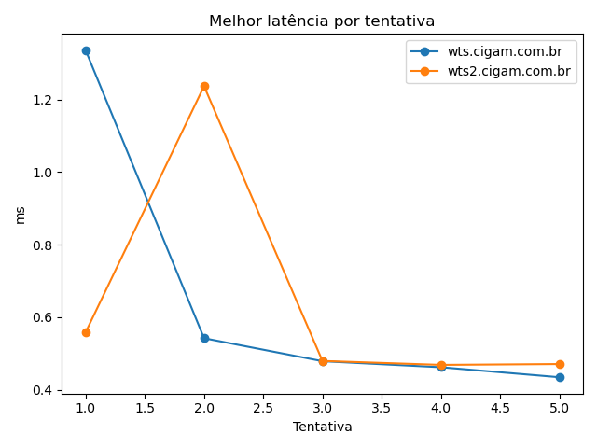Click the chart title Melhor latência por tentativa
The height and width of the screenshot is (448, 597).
(x=322, y=21)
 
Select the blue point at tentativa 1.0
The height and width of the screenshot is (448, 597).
(x=86, y=50)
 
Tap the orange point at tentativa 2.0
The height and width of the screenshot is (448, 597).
(x=204, y=86)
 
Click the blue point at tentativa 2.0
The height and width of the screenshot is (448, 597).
(x=204, y=338)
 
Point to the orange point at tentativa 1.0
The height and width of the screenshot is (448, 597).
(x=86, y=332)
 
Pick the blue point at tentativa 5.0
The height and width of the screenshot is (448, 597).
(x=560, y=377)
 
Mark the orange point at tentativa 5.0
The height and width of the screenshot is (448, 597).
(x=560, y=364)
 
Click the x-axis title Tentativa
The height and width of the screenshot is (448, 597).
(x=323, y=427)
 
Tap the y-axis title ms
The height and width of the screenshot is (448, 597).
(x=21, y=215)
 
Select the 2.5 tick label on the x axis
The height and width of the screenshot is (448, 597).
(x=263, y=408)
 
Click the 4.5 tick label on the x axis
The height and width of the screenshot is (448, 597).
(x=500, y=408)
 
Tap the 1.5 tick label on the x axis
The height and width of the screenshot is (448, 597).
(x=145, y=408)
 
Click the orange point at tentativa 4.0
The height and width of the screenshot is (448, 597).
(x=441, y=365)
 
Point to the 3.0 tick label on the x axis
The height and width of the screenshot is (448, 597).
(x=323, y=408)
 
